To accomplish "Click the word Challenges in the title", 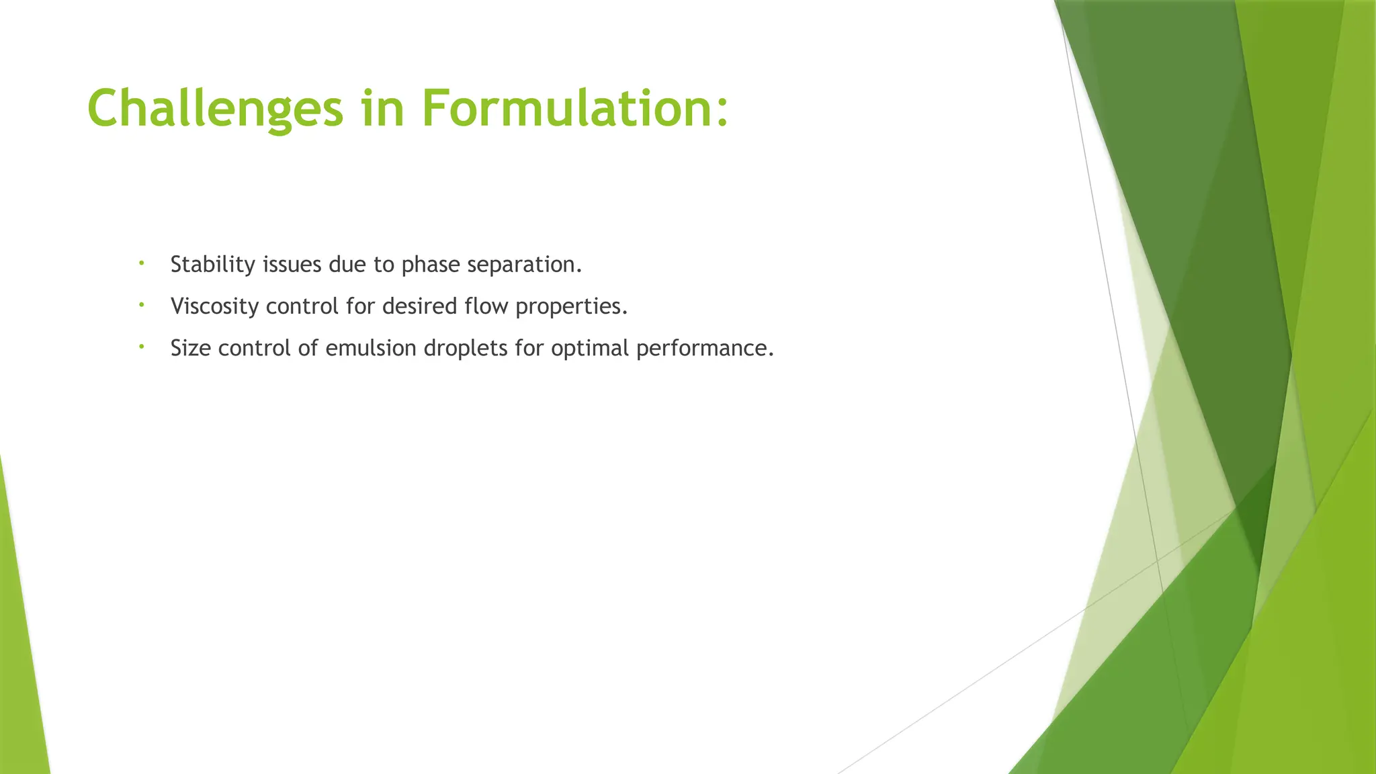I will (x=215, y=109).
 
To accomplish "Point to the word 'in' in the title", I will (x=382, y=109).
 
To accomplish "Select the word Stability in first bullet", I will (x=212, y=265).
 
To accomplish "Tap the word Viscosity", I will (x=215, y=306).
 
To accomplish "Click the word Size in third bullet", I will (x=191, y=348).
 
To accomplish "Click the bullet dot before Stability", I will (x=142, y=263).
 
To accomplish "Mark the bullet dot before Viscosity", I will (x=142, y=305).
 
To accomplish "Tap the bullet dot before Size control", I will (x=142, y=347).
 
